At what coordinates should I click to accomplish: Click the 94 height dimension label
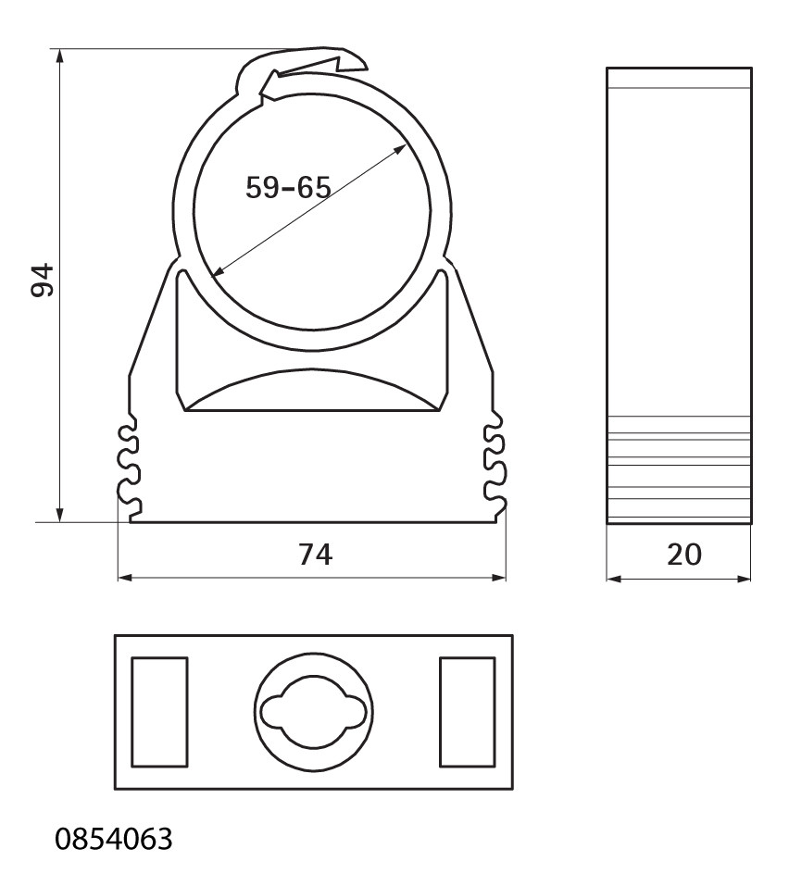click(x=42, y=280)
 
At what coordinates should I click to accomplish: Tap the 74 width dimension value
click(x=316, y=555)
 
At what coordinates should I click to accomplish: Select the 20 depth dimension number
click(x=683, y=555)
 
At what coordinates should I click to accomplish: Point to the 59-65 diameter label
click(x=288, y=187)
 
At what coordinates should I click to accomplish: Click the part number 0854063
click(x=114, y=839)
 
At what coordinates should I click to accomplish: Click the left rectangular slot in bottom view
click(x=159, y=712)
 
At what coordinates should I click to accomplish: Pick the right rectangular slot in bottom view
click(x=468, y=712)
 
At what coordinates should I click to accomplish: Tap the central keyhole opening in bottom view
click(x=314, y=712)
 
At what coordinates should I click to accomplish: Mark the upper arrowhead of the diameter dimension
click(x=401, y=148)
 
